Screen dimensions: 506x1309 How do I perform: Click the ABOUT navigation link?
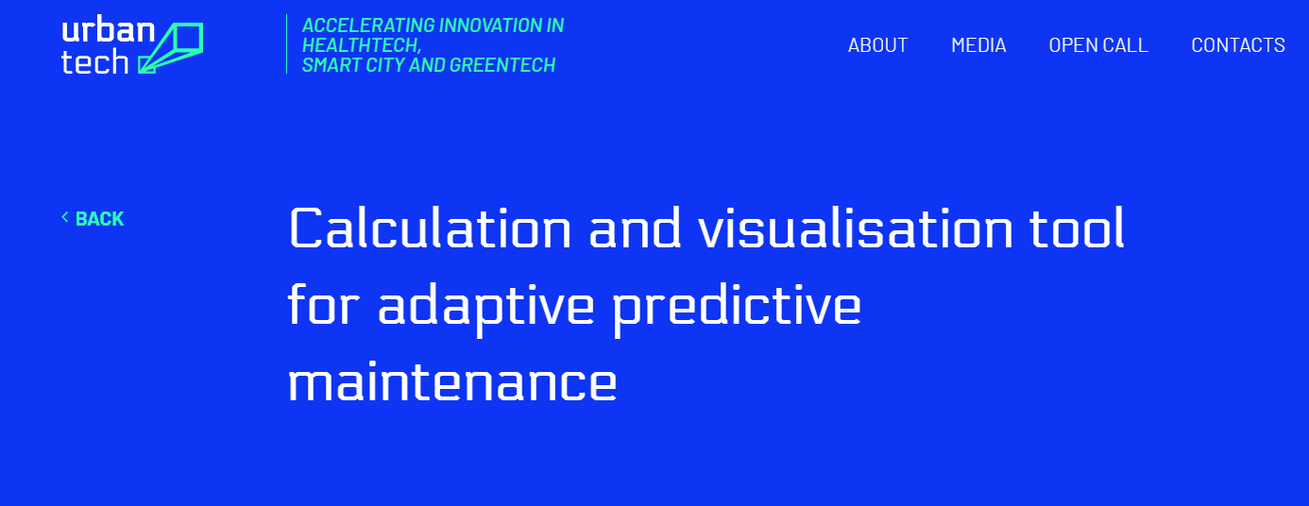point(877,45)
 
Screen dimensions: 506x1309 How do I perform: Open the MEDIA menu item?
point(978,45)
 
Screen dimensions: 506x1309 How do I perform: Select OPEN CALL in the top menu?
point(1098,45)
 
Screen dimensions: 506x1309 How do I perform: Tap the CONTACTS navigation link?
point(1238,45)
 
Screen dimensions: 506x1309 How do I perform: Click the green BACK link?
point(99,219)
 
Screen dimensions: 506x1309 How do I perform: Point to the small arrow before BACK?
point(65,218)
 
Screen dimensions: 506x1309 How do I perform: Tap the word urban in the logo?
point(108,29)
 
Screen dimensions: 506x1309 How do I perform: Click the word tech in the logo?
point(94,62)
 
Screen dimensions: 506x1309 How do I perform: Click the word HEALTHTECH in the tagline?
point(361,45)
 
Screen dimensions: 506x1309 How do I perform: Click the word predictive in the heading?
point(737,307)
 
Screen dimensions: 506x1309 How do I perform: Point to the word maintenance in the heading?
point(451,383)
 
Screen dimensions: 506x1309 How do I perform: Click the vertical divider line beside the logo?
point(286,43)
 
